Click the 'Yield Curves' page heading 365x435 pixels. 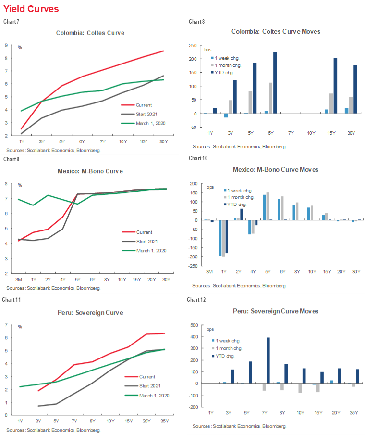(x=32, y=9)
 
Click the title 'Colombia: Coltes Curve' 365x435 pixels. (x=90, y=33)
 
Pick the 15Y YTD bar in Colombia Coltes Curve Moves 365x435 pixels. (x=335, y=86)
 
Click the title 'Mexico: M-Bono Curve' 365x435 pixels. (x=90, y=171)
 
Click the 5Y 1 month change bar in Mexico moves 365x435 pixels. (x=268, y=206)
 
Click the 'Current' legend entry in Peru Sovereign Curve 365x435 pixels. (x=147, y=377)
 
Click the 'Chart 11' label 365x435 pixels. (x=10, y=300)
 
